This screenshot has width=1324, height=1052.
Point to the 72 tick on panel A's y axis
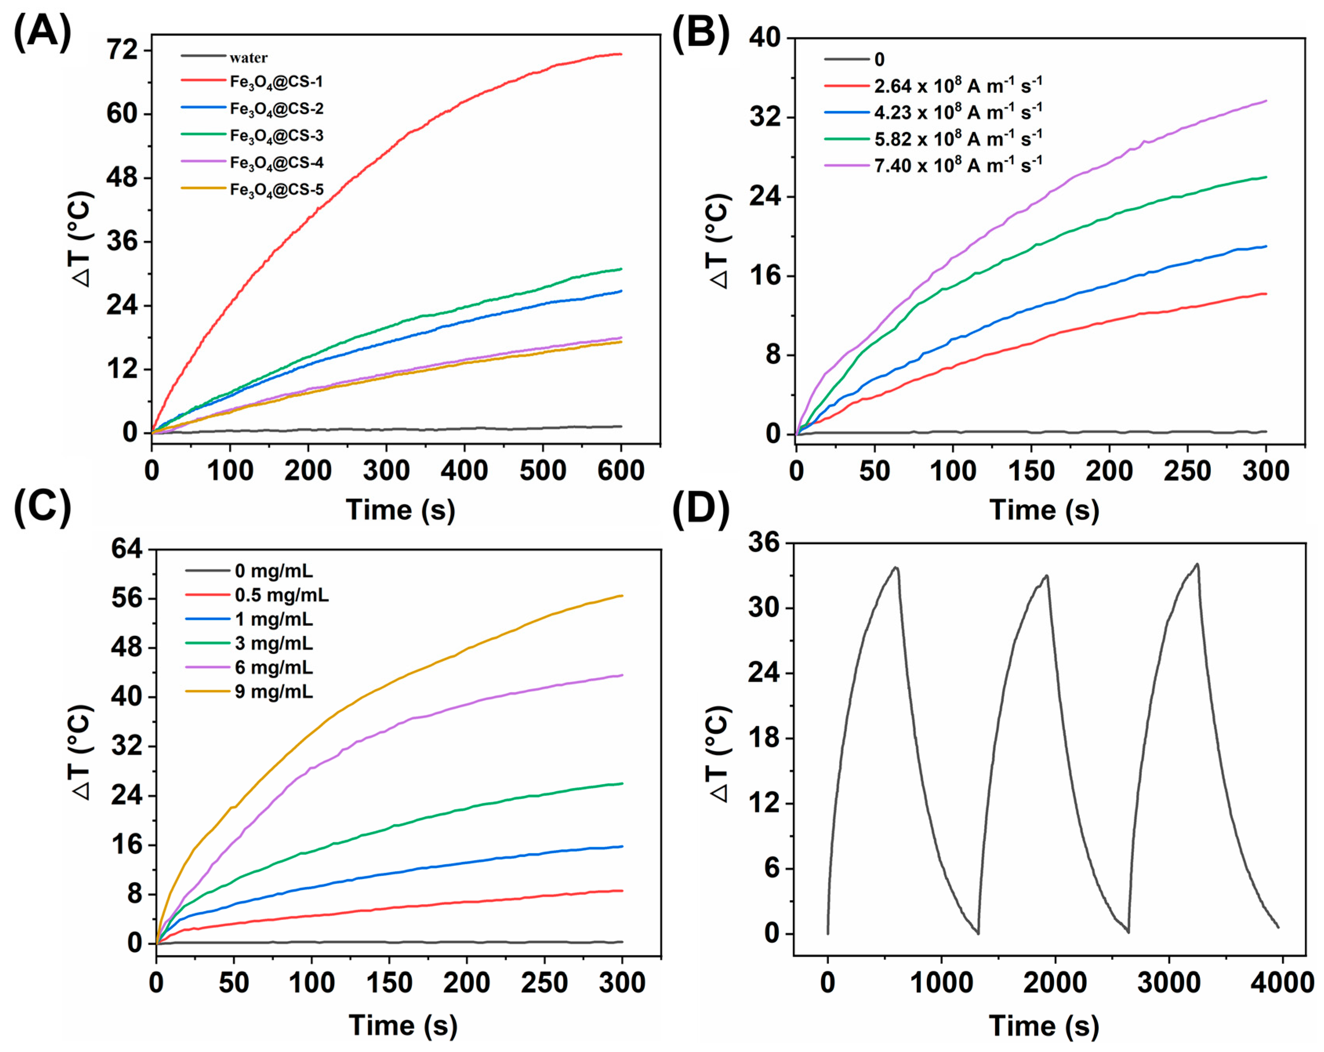[x=122, y=50]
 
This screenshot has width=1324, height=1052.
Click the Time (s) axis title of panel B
[x=1044, y=510]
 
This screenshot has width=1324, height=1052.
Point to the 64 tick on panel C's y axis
[x=126, y=548]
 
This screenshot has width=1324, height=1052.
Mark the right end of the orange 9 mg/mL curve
[x=622, y=596]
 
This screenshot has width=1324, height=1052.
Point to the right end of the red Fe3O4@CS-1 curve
[x=621, y=54]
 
